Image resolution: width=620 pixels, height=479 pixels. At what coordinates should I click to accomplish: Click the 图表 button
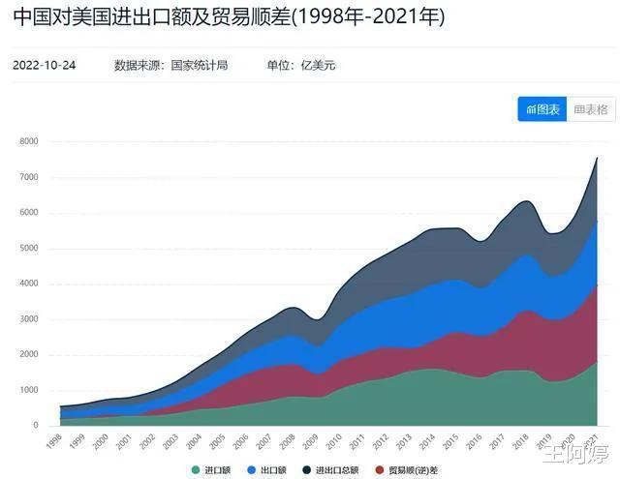pyautogui.click(x=542, y=109)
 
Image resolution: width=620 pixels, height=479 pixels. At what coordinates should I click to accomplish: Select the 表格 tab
pyautogui.click(x=591, y=109)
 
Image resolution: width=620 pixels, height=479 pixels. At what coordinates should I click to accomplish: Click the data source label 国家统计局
pyautogui.click(x=200, y=66)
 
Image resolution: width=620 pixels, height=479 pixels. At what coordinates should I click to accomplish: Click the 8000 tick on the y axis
pyautogui.click(x=28, y=141)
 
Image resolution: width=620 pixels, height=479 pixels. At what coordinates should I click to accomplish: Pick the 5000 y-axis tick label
pyautogui.click(x=28, y=248)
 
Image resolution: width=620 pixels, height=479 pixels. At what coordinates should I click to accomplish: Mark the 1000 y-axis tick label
pyautogui.click(x=28, y=390)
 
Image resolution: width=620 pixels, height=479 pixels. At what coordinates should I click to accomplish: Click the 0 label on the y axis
pyautogui.click(x=35, y=426)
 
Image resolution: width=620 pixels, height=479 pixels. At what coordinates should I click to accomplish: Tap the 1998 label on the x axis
pyautogui.click(x=55, y=441)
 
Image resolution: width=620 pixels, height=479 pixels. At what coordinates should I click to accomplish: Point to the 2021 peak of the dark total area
pyautogui.click(x=597, y=159)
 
